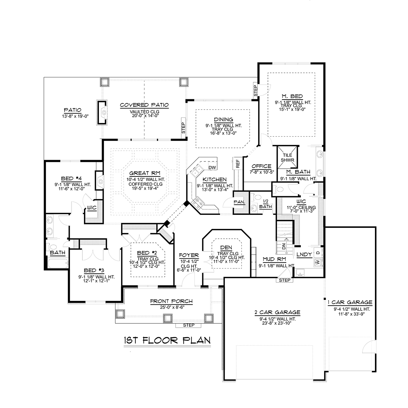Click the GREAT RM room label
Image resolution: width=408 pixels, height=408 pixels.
coord(145,173)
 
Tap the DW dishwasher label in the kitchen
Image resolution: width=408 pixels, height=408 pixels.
coord(212,168)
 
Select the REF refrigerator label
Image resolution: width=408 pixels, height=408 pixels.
coord(238,164)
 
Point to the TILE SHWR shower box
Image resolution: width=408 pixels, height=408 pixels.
coord(287,157)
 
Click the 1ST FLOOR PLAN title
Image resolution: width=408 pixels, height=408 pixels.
coord(167,340)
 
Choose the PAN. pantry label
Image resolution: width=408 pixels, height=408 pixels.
coord(239,202)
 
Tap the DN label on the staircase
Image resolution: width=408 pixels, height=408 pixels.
coord(284,246)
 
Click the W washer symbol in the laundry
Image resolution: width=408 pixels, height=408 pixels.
coord(318,263)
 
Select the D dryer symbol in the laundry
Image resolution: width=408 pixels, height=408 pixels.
coord(318,253)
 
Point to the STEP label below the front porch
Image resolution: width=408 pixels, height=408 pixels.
coord(189,325)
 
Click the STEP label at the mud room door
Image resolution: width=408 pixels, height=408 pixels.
coord(285,280)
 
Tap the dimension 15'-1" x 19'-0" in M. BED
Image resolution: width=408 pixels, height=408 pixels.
coord(292,109)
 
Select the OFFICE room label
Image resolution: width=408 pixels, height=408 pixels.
coord(261,166)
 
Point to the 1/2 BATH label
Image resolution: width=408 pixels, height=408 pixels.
coord(266,204)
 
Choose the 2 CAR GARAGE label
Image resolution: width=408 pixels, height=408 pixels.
coord(277,312)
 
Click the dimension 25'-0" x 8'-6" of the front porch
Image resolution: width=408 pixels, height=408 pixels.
coord(172,307)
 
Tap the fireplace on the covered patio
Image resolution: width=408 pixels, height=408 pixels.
coord(102,113)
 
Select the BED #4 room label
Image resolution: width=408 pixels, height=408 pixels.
coord(71,179)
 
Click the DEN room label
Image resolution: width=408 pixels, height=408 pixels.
coord(226,248)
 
